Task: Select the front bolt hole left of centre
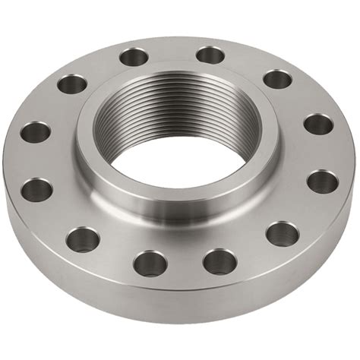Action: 150,263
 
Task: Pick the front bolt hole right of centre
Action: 219,261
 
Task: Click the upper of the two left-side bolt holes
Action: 35,132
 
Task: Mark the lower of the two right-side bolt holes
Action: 323,181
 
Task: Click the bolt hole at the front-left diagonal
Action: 82,239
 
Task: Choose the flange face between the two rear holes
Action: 172,52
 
